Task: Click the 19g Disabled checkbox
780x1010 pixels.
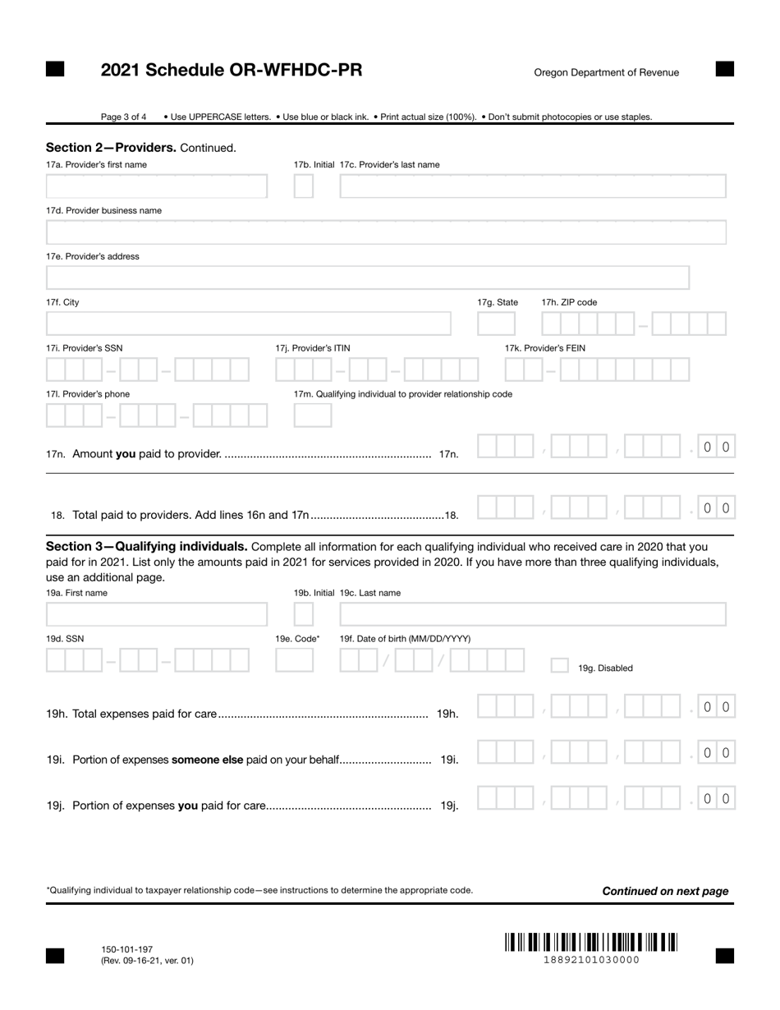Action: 559,666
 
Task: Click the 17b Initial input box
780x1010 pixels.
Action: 303,186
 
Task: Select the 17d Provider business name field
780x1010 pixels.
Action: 386,232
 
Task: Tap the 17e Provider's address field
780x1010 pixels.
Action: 367,278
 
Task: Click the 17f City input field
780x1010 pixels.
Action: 248,324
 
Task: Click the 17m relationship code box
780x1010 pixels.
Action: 313,415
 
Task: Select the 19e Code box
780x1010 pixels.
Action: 294,660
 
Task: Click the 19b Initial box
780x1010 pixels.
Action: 303,614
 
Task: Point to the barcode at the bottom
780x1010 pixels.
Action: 591,942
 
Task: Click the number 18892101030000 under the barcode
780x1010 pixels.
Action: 591,960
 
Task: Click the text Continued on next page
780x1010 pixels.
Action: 665,891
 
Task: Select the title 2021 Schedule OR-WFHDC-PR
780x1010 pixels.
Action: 231,71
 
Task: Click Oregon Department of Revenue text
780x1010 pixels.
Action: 606,72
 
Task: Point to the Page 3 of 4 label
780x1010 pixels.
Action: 124,117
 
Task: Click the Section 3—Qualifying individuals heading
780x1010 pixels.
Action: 147,546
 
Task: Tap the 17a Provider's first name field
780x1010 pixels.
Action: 156,186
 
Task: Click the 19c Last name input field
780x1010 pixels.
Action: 533,614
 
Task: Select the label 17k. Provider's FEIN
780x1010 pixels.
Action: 544,348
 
